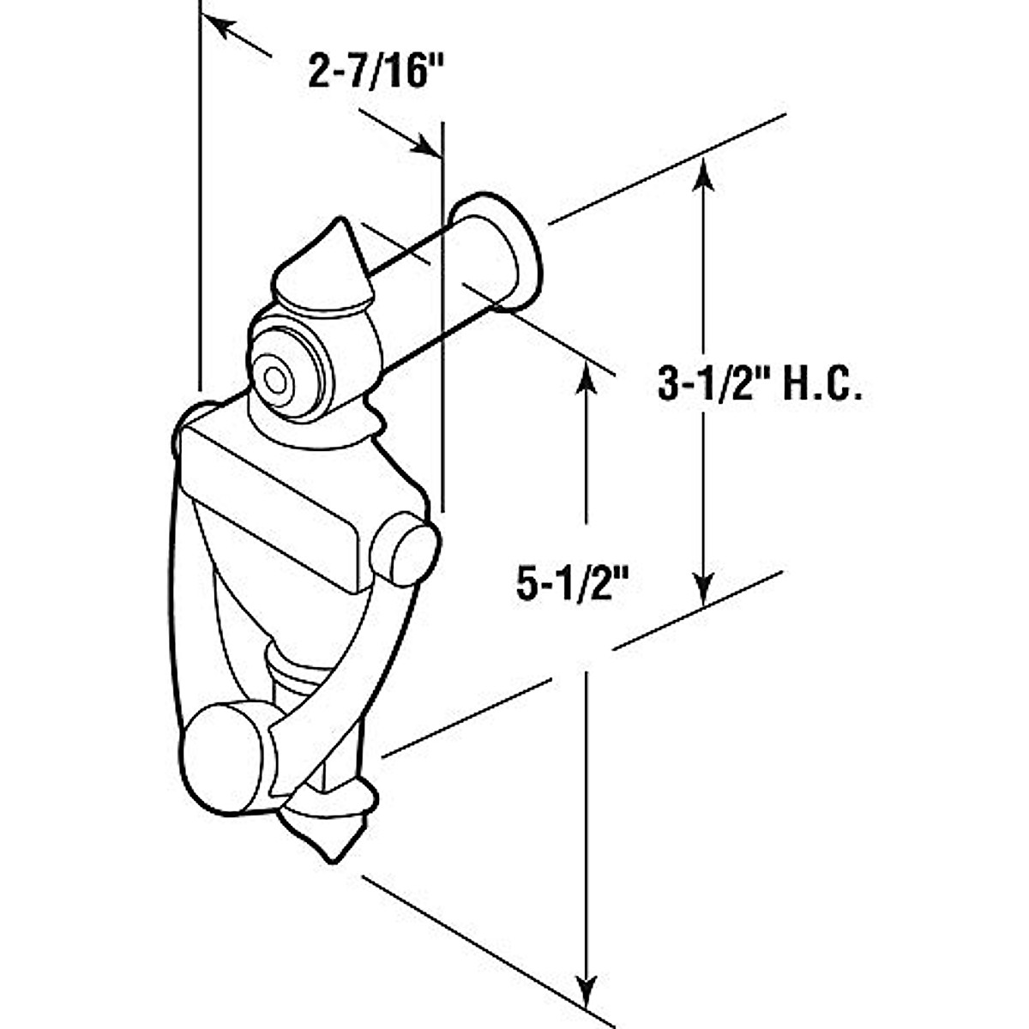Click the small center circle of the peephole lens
pos(275,378)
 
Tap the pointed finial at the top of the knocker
pos(330,266)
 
